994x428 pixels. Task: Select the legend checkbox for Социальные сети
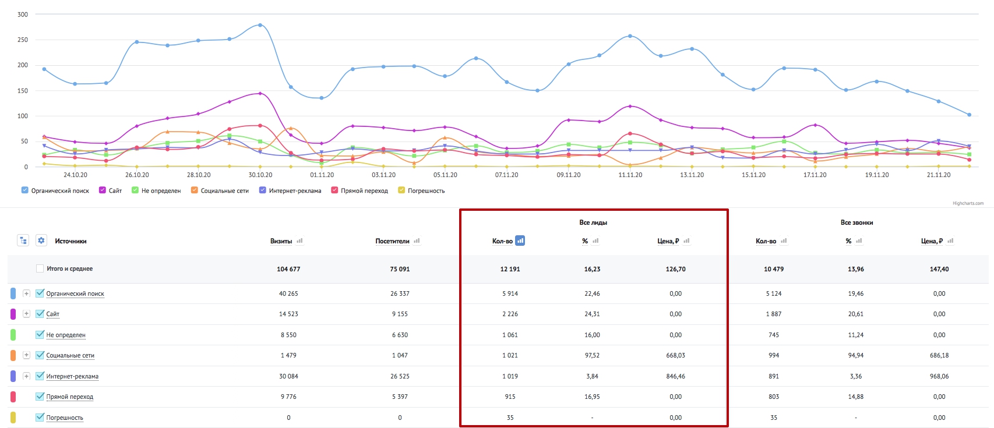(195, 190)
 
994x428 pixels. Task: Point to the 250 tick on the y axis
(23, 40)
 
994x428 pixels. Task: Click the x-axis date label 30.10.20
(260, 175)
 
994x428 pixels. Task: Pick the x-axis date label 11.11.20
(630, 175)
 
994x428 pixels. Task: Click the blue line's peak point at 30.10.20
(260, 25)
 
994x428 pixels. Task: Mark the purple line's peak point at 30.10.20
(260, 94)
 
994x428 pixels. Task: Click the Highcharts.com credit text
(968, 204)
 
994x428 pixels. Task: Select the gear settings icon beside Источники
(41, 241)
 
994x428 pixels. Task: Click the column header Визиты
(281, 241)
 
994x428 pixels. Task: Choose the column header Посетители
(392, 241)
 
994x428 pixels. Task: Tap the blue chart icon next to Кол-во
(520, 241)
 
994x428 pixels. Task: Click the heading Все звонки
(856, 222)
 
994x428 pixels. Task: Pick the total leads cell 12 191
(510, 269)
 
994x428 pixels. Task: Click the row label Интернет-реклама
(72, 377)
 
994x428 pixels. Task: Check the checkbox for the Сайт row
(40, 313)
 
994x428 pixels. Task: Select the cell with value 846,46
(675, 377)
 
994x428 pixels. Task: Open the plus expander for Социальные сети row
(26, 355)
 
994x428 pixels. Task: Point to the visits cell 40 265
(288, 293)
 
